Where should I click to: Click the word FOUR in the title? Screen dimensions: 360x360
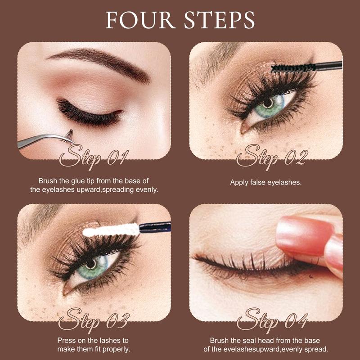(135, 20)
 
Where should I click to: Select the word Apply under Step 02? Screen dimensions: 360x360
(239, 182)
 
